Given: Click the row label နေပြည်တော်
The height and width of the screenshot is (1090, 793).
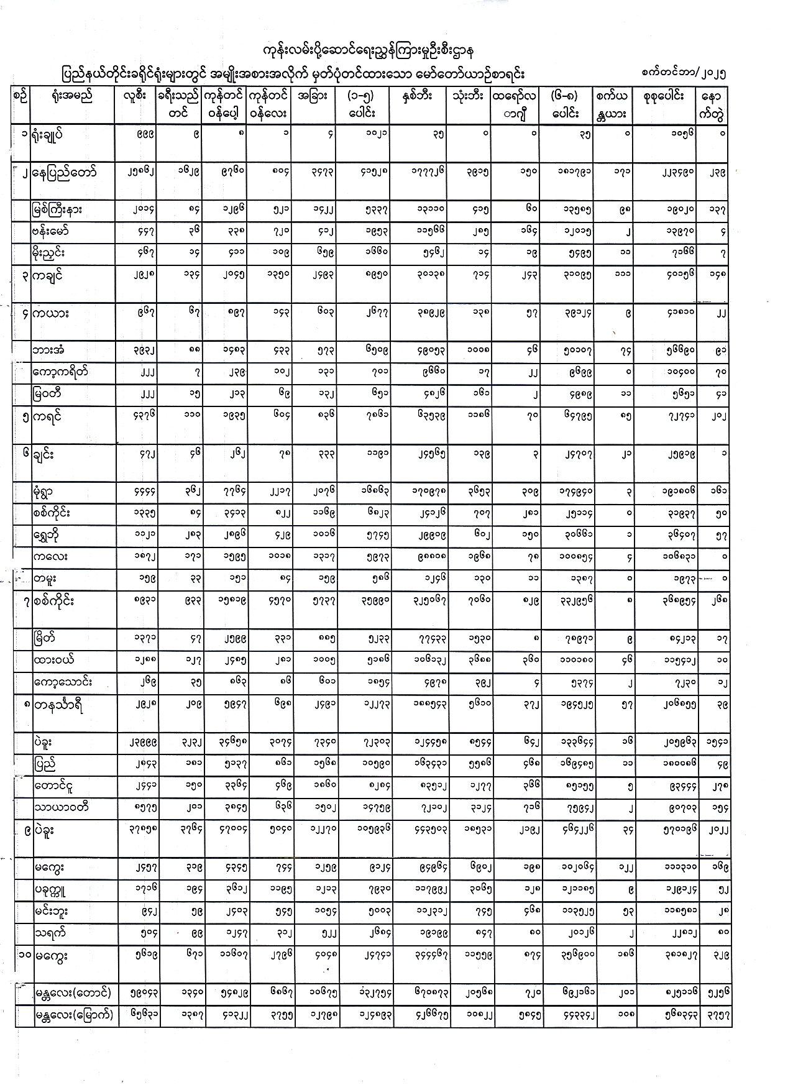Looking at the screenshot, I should point(66,172).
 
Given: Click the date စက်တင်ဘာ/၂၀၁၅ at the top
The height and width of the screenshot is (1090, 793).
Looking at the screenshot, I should point(684,72).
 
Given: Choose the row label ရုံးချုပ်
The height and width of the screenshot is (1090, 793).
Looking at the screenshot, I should point(53,134).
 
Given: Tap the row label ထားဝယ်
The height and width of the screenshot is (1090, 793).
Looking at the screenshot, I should point(55,659).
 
